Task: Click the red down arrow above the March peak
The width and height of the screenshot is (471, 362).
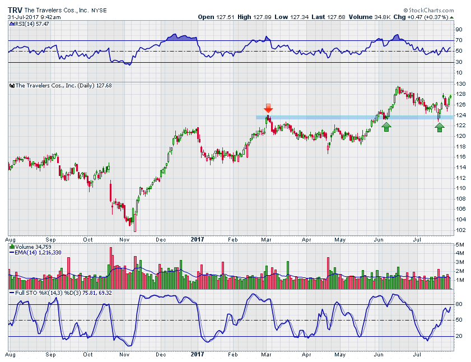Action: [268, 108]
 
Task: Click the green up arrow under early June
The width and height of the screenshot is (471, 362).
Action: [386, 127]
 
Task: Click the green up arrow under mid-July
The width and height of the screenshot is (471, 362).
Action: [440, 127]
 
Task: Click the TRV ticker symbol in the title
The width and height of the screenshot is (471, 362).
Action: [15, 10]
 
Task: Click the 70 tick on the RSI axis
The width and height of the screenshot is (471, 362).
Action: [458, 40]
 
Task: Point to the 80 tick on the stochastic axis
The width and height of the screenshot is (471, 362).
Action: [458, 304]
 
